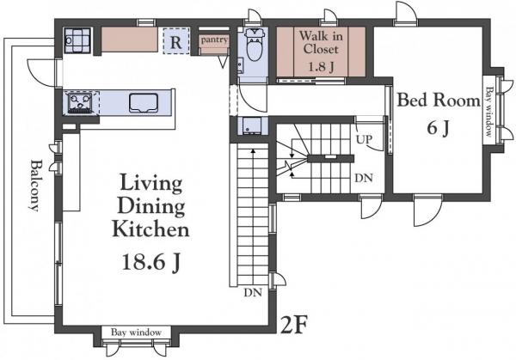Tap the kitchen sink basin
point(144,103)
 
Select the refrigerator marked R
point(176,41)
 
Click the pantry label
point(214,40)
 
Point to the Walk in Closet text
point(321,42)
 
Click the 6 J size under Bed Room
point(438,128)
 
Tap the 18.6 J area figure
point(151,262)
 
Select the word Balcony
point(34,186)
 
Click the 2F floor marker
point(293,325)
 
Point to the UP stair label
point(364,140)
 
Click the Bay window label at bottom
point(136,332)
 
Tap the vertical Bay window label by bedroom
point(489,112)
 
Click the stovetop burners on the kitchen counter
point(79,103)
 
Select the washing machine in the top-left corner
point(77,40)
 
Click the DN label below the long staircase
point(253,292)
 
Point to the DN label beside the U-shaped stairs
point(364,178)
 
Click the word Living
point(150,184)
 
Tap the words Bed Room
point(439,100)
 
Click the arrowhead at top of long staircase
point(253,151)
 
